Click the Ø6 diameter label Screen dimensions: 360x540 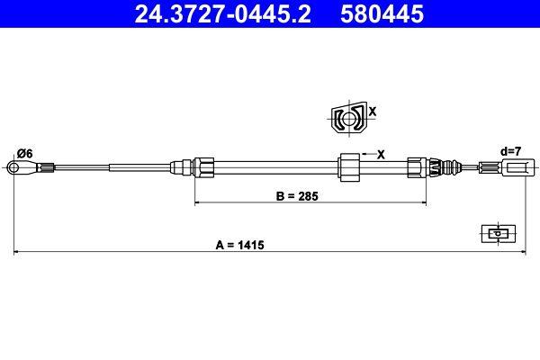25,154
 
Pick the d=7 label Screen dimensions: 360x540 511,151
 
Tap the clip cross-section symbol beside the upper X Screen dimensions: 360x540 348,119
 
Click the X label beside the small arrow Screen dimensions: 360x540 381,154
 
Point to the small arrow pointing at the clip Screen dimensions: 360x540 364,154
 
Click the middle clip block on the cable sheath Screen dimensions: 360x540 348,167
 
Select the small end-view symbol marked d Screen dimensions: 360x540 496,232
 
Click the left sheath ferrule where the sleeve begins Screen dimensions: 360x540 204,166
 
